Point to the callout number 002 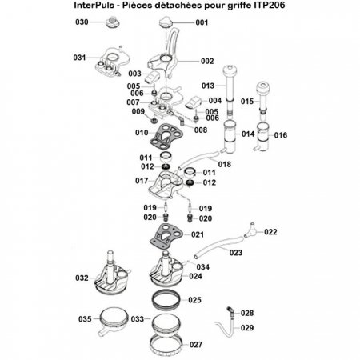pos(207,62)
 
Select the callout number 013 pos(208,85)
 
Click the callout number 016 pos(281,136)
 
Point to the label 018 pos(226,164)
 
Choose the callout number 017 pos(141,182)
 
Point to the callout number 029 pos(247,328)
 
